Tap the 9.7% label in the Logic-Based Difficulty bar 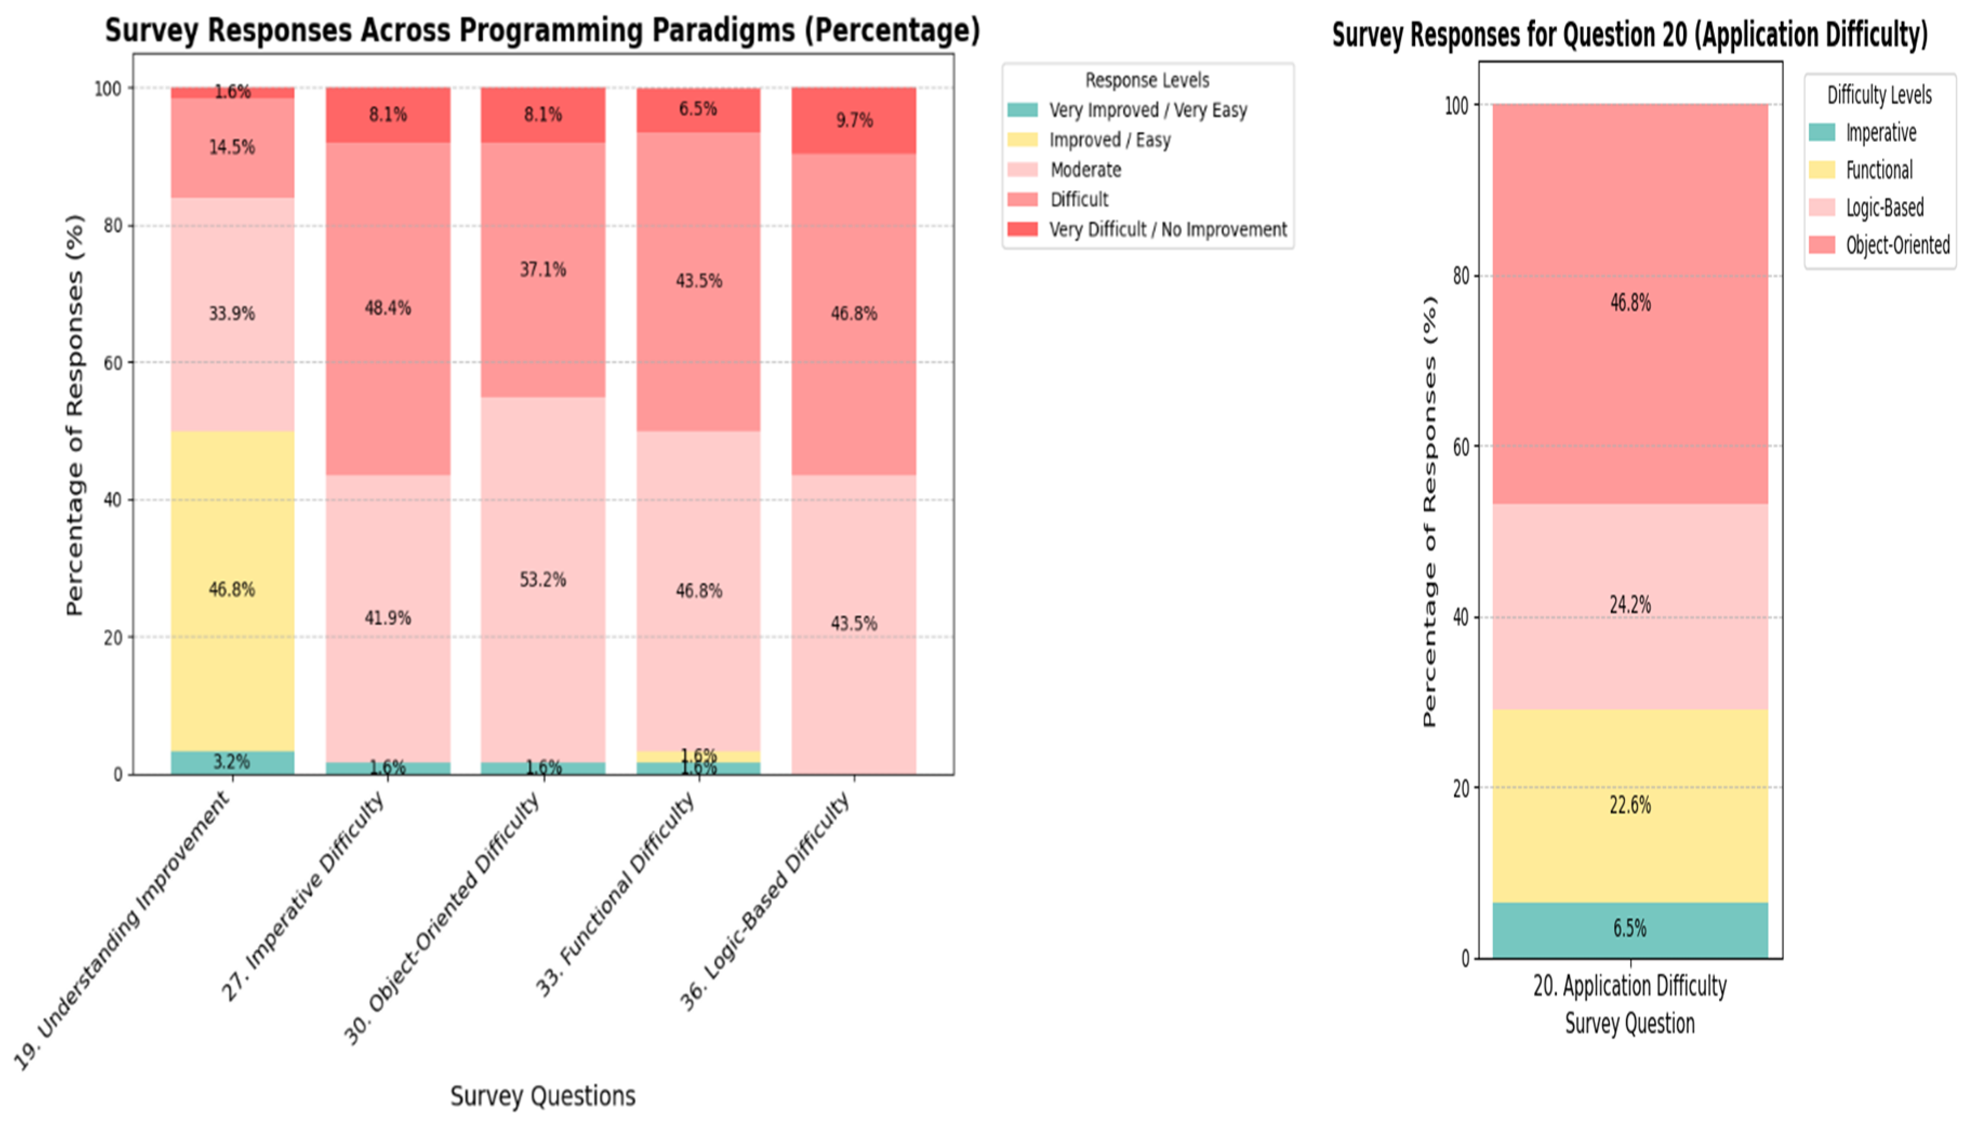click(x=854, y=120)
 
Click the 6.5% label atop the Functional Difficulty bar click(x=697, y=109)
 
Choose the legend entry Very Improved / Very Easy click(x=1147, y=110)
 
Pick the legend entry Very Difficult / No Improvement click(x=1167, y=230)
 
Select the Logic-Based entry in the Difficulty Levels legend click(x=1884, y=208)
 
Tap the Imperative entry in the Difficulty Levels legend click(x=1880, y=132)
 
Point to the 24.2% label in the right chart click(x=1629, y=605)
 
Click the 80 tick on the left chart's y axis click(x=112, y=226)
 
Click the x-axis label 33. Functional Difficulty click(x=617, y=894)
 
